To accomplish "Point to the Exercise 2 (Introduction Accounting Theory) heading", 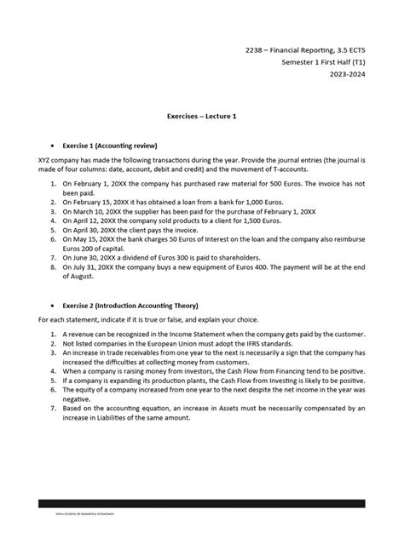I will [x=143, y=304].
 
